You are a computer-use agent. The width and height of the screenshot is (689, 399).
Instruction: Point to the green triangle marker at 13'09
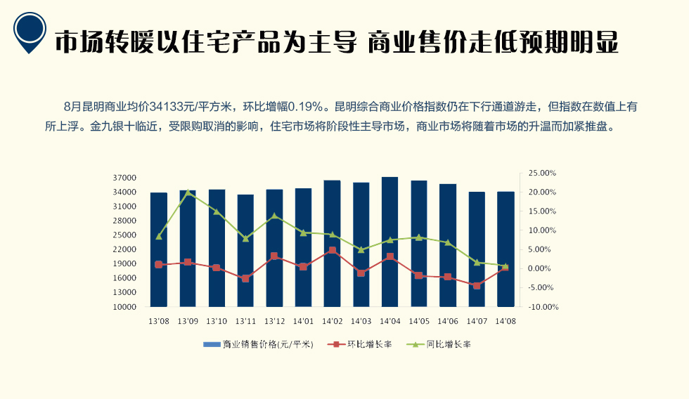pyautogui.click(x=188, y=192)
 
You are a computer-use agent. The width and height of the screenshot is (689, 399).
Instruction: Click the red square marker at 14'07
pyautogui.click(x=477, y=285)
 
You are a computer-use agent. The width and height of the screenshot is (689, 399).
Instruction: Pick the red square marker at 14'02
pyautogui.click(x=332, y=250)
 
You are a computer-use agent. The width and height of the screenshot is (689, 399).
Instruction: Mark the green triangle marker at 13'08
pyautogui.click(x=159, y=236)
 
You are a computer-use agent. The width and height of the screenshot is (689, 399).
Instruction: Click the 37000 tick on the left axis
pyautogui.click(x=124, y=178)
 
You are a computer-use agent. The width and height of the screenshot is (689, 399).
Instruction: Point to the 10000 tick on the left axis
pyautogui.click(x=124, y=307)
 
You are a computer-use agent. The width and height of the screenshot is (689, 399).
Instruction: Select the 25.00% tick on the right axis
pyautogui.click(x=541, y=173)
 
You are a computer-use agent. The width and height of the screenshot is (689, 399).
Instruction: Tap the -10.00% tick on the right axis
pyautogui.click(x=541, y=307)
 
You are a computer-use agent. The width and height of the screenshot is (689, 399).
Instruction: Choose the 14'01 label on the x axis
pyautogui.click(x=303, y=321)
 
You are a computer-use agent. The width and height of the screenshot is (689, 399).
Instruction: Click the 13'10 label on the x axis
pyautogui.click(x=217, y=321)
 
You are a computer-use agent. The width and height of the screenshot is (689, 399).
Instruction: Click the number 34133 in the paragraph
pyautogui.click(x=166, y=107)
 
